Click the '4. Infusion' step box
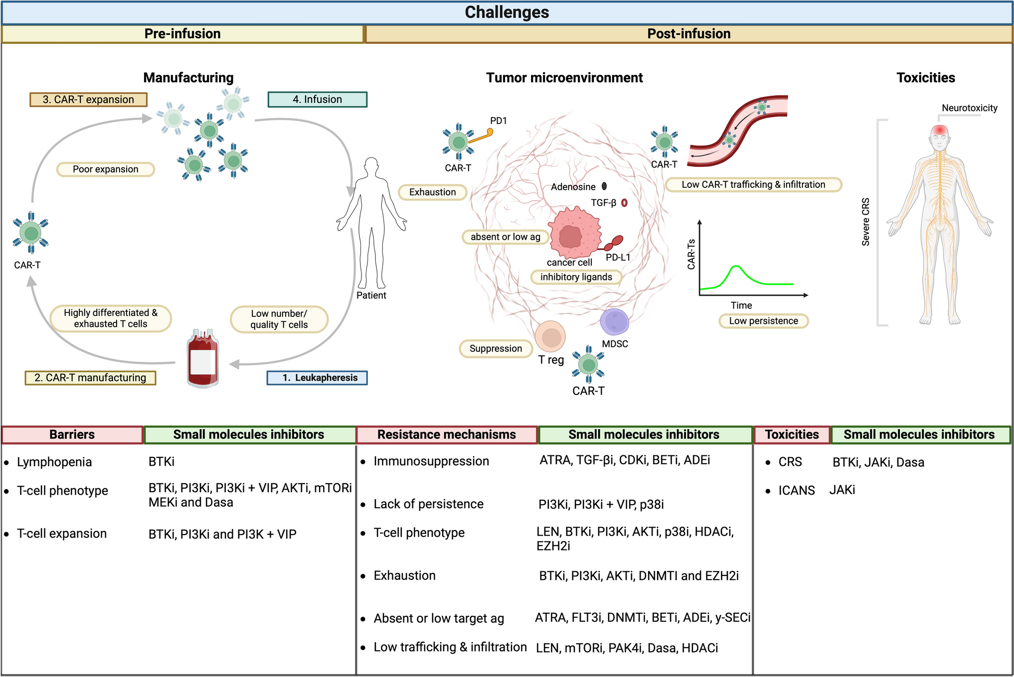pos(317,100)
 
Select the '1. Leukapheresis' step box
pos(317,378)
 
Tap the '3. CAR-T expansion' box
pos(88,100)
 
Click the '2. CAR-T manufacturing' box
pos(90,378)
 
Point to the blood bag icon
pos(202,359)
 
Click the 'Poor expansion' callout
pos(106,169)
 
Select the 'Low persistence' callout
pos(763,321)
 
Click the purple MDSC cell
pos(614,322)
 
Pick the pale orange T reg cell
pos(550,337)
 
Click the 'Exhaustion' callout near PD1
pos(432,192)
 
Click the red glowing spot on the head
pos(940,131)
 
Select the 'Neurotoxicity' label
pos(969,108)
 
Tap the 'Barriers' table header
pos(72,434)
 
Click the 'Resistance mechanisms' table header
pos(447,434)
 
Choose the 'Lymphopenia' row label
pos(54,462)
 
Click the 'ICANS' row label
pos(796,491)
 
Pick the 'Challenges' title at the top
pos(507,12)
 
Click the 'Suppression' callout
pos(496,349)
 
